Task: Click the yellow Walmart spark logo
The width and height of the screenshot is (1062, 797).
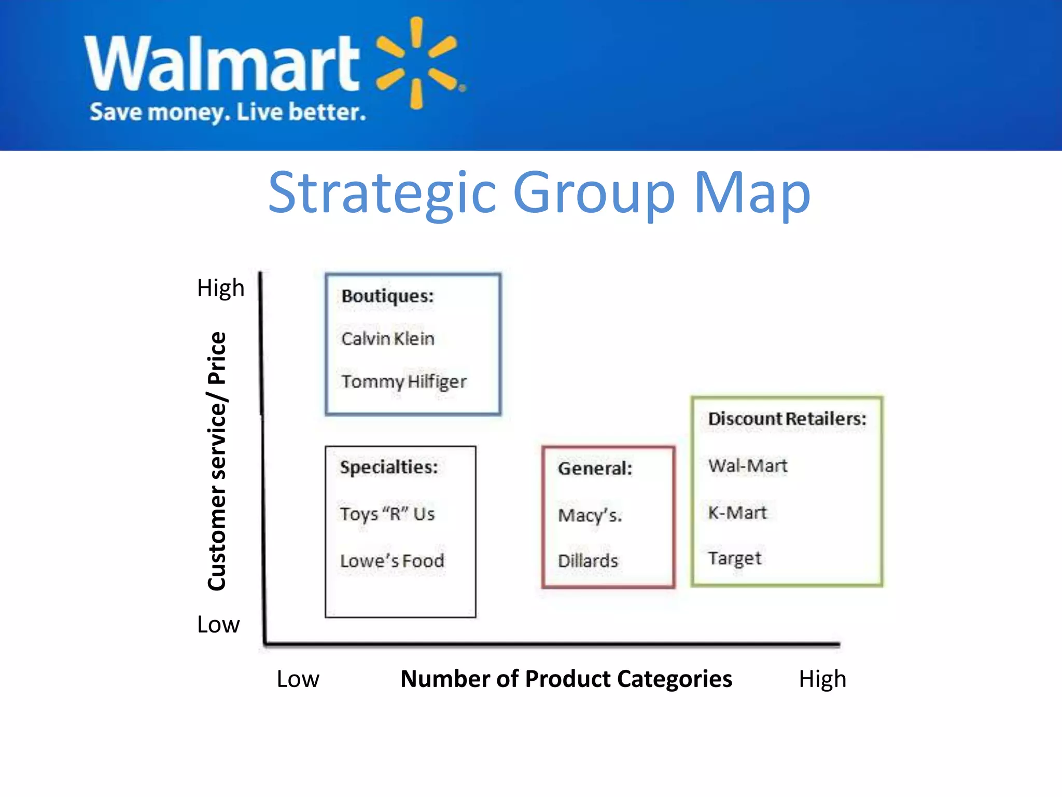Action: pyautogui.click(x=417, y=63)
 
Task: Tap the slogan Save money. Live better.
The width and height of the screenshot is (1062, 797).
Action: pyautogui.click(x=228, y=112)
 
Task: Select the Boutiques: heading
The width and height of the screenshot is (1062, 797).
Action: pyautogui.click(x=387, y=296)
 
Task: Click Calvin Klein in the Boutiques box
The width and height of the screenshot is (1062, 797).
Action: pyautogui.click(x=387, y=339)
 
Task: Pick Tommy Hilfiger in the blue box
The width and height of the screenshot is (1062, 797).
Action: pyautogui.click(x=403, y=382)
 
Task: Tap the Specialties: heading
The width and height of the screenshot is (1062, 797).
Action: pyautogui.click(x=389, y=467)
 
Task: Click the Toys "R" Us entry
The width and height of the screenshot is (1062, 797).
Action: pyautogui.click(x=387, y=514)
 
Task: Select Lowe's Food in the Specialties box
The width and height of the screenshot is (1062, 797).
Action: pyautogui.click(x=392, y=561)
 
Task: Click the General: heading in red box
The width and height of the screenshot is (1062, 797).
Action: pyautogui.click(x=595, y=469)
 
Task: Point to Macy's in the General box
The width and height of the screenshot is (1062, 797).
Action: pyautogui.click(x=590, y=516)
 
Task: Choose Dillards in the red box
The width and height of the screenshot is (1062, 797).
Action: pyautogui.click(x=588, y=561)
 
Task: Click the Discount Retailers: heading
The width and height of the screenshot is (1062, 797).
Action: pyautogui.click(x=787, y=419)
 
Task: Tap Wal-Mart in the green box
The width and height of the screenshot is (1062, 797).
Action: pyautogui.click(x=747, y=465)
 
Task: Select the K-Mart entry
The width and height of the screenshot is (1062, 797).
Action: pyautogui.click(x=737, y=513)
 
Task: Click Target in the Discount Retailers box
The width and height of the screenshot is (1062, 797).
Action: pyautogui.click(x=734, y=558)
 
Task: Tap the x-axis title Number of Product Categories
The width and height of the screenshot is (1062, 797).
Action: pyautogui.click(x=566, y=679)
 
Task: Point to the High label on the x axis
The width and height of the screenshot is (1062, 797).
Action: pyautogui.click(x=822, y=679)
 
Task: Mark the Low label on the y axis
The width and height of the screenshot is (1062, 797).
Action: pyautogui.click(x=218, y=624)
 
